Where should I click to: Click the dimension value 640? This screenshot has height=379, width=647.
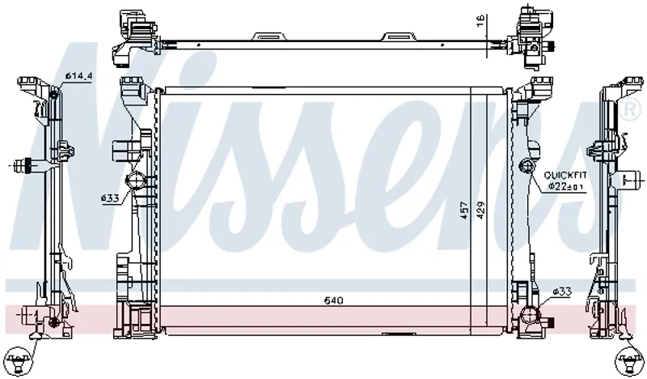(333, 300)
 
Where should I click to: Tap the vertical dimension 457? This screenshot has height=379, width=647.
(464, 210)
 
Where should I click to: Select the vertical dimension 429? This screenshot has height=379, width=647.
(480, 210)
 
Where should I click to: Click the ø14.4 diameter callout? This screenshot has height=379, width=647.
(78, 76)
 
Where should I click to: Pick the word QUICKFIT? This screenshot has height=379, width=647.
(565, 175)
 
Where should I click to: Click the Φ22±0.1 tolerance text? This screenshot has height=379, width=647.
(565, 187)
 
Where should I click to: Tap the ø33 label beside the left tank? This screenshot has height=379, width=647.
(110, 198)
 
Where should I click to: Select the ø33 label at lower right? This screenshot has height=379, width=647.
(562, 292)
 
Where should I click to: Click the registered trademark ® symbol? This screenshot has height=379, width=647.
(631, 109)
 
